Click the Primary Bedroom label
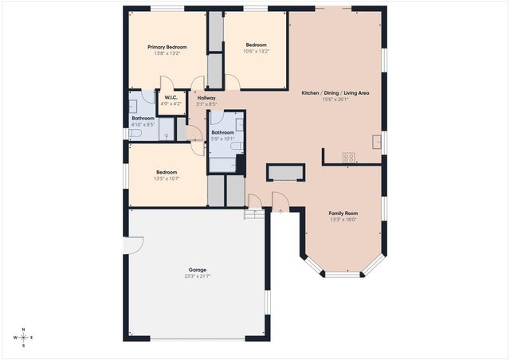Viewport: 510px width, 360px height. pos(167,47)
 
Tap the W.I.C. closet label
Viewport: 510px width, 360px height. pos(171,98)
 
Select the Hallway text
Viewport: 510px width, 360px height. pos(206,98)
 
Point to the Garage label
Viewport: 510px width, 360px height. pos(198,270)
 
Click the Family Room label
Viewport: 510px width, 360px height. pos(344,213)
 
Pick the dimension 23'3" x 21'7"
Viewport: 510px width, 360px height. pos(198,276)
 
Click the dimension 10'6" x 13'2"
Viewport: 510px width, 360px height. pos(256,51)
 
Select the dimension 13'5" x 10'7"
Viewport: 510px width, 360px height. pos(167,178)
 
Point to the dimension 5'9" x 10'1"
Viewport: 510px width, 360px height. pos(222,139)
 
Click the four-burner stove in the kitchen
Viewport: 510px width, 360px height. pos(349,157)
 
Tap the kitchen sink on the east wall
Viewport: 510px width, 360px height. pos(376,142)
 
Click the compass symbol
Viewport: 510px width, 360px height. pos(24,337)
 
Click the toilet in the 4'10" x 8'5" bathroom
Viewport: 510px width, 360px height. pos(135,135)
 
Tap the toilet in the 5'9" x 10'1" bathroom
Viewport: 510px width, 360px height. pos(224,165)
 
